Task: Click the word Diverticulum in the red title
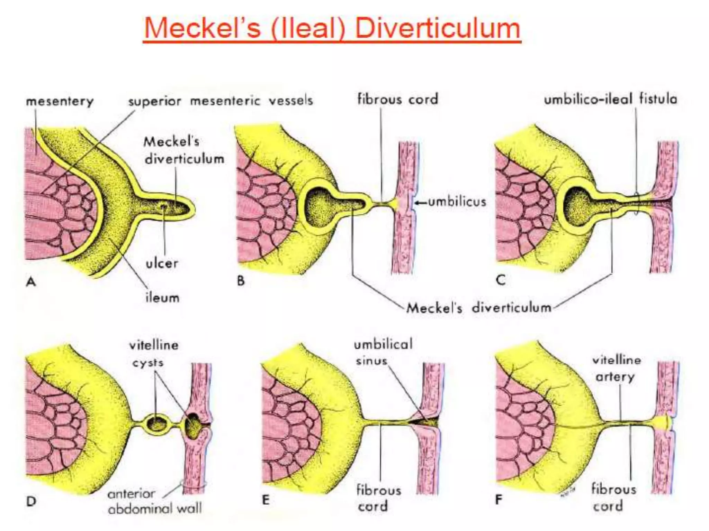tap(438, 28)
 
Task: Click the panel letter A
tap(31, 282)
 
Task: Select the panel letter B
tap(241, 281)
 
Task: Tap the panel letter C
tap(501, 280)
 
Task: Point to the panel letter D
tap(31, 501)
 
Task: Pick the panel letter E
tap(266, 500)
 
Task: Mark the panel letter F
tap(499, 500)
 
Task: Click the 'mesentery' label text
tap(60, 101)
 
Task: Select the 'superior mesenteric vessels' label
tap(221, 101)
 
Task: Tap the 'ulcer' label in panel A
tap(162, 264)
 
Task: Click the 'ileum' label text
tap(162, 298)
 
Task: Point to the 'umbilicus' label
tap(457, 202)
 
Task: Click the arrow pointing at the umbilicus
tap(420, 203)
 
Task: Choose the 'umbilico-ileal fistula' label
tap(610, 100)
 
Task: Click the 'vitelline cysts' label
tap(153, 354)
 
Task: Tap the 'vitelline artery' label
tap(616, 369)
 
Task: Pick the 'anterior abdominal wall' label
tap(154, 501)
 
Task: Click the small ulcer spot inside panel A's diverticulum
tap(163, 207)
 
